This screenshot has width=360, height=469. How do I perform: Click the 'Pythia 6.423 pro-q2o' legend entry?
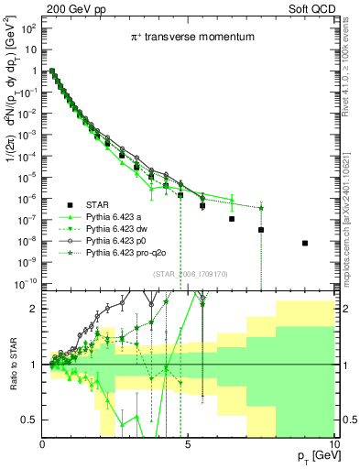click(x=128, y=252)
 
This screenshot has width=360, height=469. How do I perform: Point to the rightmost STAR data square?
click(x=305, y=243)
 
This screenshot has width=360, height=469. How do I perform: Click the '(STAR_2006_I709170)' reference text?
click(x=189, y=274)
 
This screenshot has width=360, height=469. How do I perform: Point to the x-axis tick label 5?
click(x=188, y=444)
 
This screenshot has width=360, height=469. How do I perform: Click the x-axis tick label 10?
click(x=333, y=444)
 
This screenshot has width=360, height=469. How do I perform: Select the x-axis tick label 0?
click(x=42, y=444)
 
